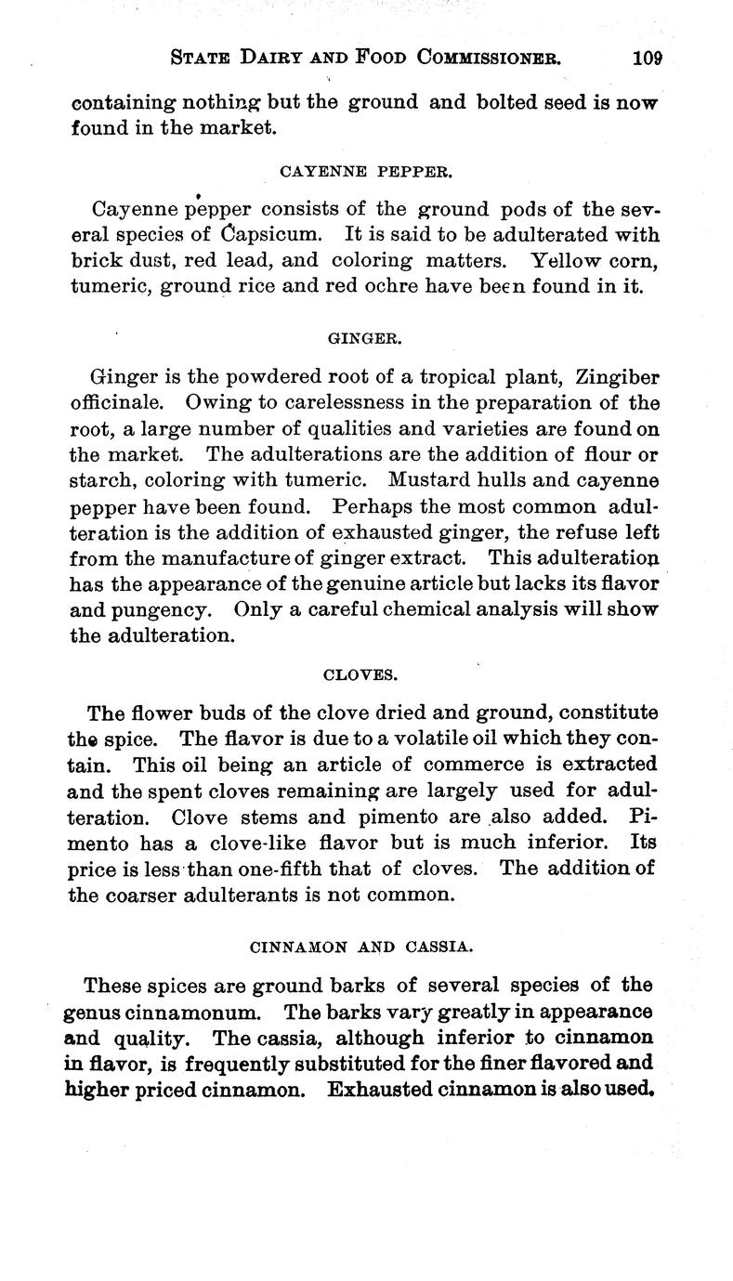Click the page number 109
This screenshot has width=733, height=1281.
pyautogui.click(x=646, y=58)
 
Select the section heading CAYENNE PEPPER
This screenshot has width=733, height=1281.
pyautogui.click(x=366, y=171)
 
